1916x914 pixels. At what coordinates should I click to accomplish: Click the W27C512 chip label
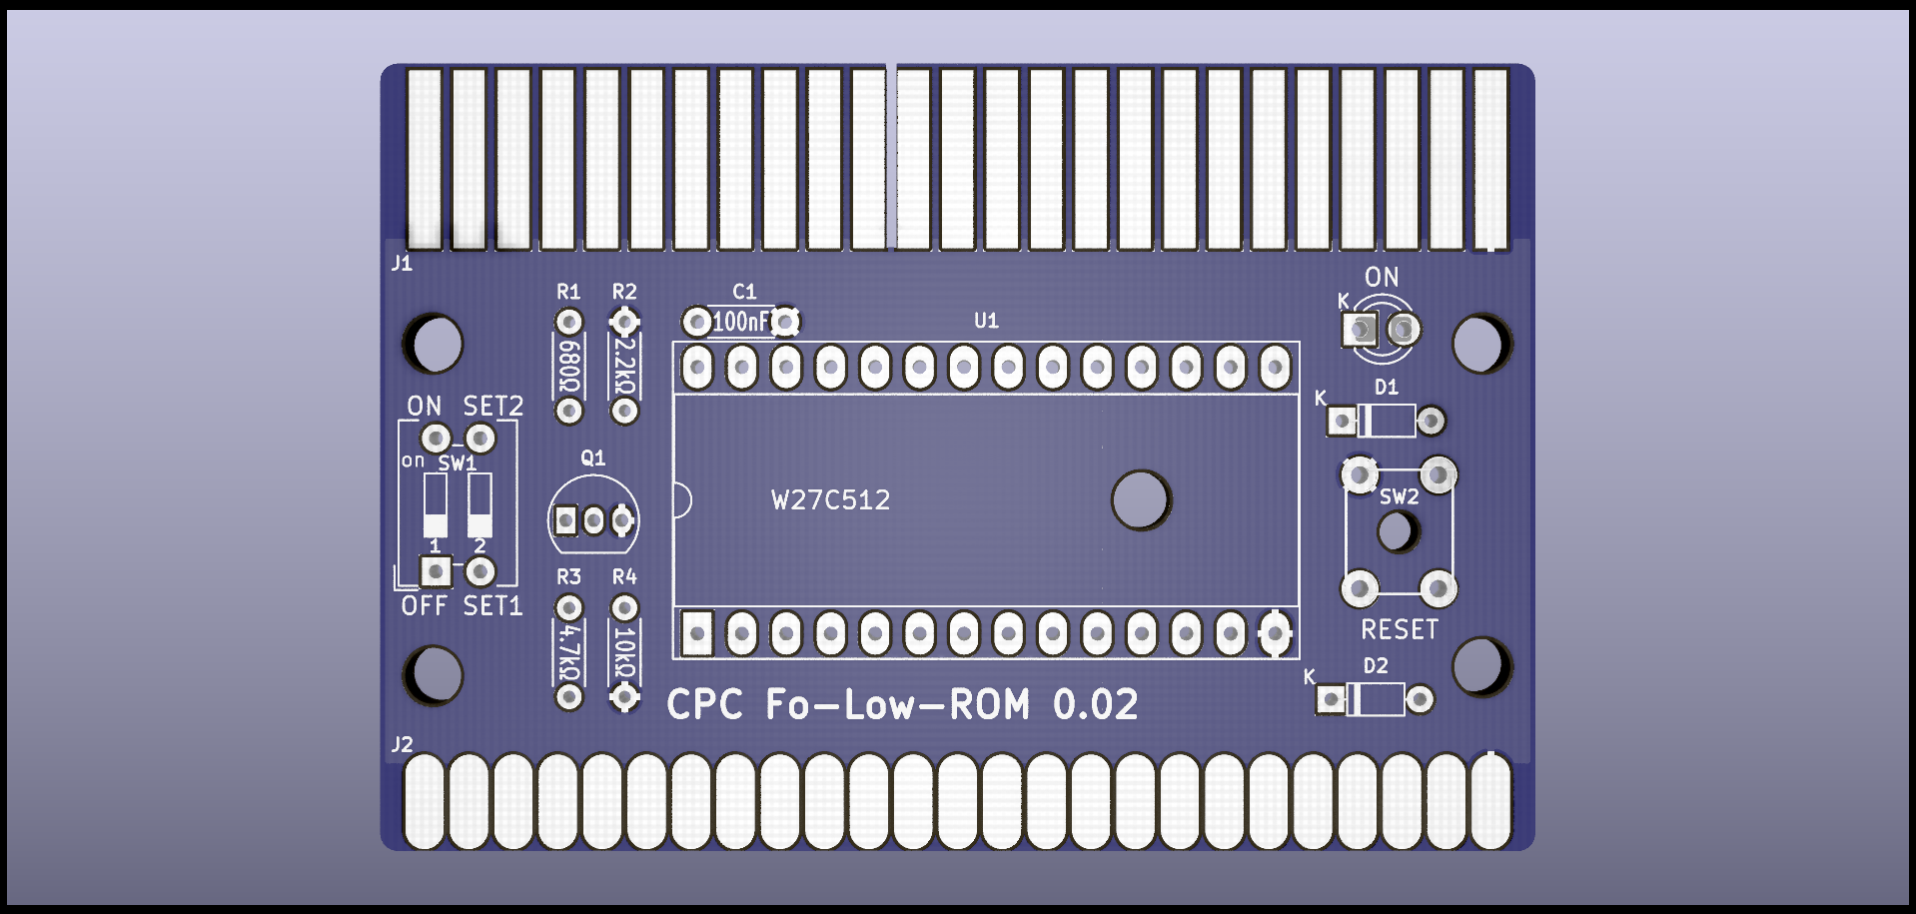pyautogui.click(x=830, y=499)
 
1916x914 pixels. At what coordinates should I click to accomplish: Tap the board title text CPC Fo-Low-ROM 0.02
pyautogui.click(x=901, y=705)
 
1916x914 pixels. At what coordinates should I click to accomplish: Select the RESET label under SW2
pyautogui.click(x=1400, y=629)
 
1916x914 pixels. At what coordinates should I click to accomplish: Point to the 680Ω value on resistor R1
pyautogui.click(x=568, y=367)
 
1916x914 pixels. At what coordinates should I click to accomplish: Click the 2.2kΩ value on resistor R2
pyautogui.click(x=624, y=367)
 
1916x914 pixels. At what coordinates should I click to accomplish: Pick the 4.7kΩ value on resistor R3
pyautogui.click(x=568, y=652)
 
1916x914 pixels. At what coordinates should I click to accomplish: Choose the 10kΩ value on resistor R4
pyautogui.click(x=624, y=652)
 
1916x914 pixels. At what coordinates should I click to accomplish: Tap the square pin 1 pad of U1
pyautogui.click(x=697, y=633)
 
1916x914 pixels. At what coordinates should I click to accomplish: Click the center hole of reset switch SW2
pyautogui.click(x=1398, y=531)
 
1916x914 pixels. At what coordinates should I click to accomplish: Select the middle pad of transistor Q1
pyautogui.click(x=593, y=520)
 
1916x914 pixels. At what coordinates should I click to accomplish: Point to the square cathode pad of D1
pyautogui.click(x=1342, y=422)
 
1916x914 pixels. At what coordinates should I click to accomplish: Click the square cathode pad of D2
pyautogui.click(x=1331, y=699)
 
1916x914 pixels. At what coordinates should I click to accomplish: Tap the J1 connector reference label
pyautogui.click(x=402, y=263)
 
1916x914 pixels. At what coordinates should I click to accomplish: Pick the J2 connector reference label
pyautogui.click(x=402, y=744)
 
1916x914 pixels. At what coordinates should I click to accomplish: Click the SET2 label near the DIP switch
pyautogui.click(x=492, y=406)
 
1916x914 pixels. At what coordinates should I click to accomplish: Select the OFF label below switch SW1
pyautogui.click(x=424, y=605)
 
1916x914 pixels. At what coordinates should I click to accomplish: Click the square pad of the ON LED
pyautogui.click(x=1359, y=329)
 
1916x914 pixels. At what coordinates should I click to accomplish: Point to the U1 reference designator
pyautogui.click(x=986, y=321)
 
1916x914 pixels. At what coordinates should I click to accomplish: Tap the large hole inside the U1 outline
pyautogui.click(x=1140, y=499)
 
